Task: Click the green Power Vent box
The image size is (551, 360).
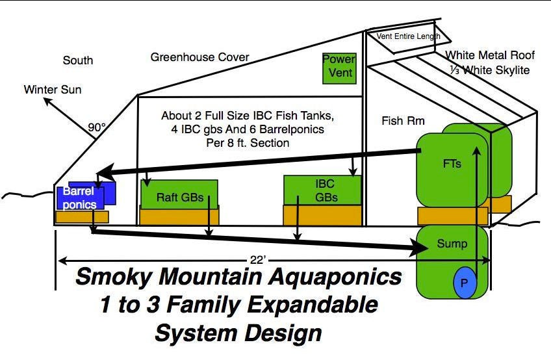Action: (339, 68)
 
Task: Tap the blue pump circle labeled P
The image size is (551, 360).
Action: (465, 283)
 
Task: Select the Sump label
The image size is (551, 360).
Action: (452, 244)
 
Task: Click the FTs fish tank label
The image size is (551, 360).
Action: (452, 164)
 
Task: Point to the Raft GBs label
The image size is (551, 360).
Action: (180, 198)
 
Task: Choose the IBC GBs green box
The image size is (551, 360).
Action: (322, 190)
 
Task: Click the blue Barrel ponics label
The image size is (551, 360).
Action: (79, 198)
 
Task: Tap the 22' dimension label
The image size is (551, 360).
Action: (259, 260)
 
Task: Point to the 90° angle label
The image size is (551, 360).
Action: (97, 127)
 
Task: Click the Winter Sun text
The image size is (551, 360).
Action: (53, 89)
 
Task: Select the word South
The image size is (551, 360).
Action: (78, 60)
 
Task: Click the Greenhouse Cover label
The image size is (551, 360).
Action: (199, 57)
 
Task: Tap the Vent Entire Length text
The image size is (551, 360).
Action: (408, 36)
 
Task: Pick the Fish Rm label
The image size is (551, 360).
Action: (403, 121)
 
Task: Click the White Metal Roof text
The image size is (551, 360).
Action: (490, 55)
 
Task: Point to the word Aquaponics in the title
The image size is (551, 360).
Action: (335, 276)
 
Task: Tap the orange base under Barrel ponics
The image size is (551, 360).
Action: (83, 216)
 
